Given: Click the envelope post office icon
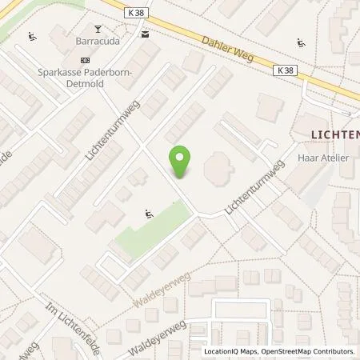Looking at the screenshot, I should click(145, 34).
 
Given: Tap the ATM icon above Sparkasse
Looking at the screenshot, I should click(86, 59).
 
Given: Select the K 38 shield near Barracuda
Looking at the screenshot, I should click(136, 14).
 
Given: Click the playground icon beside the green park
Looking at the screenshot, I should click(148, 214).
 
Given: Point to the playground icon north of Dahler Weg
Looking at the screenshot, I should click(301, 42).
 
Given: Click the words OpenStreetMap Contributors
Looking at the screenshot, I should click(310, 351).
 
